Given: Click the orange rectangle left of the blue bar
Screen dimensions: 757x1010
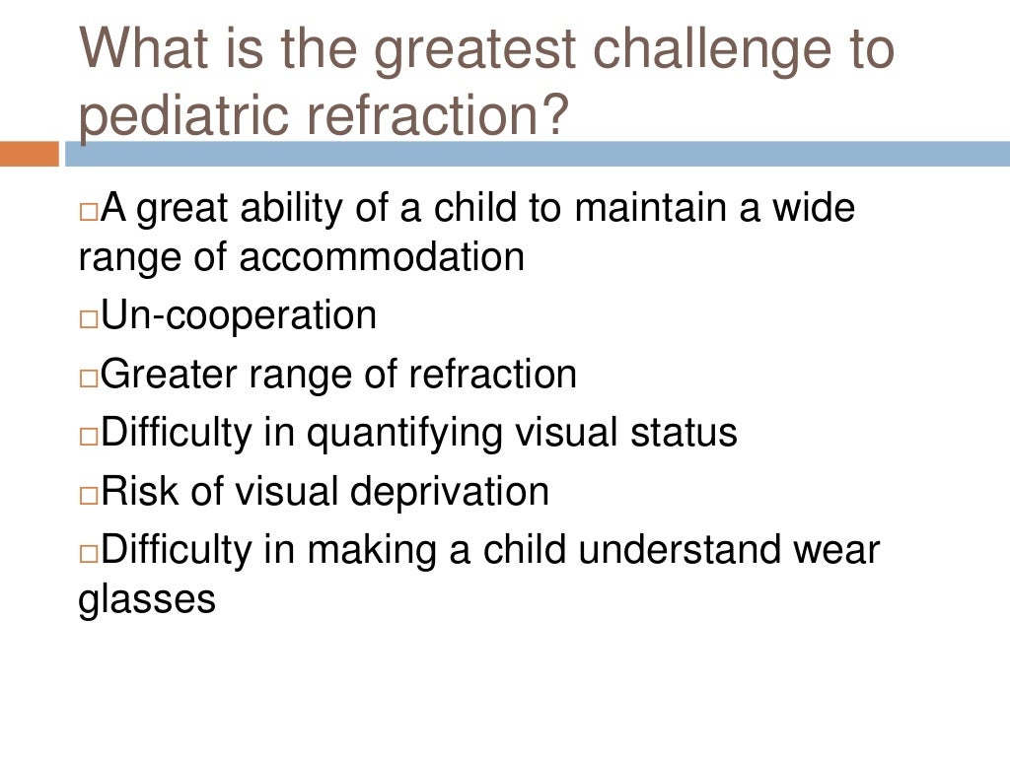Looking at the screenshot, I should point(29,154).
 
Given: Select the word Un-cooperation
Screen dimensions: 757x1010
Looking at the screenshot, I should point(239,315).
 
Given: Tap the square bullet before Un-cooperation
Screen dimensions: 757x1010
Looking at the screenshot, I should point(88,319).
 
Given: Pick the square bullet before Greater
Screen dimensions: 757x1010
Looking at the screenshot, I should point(88,378).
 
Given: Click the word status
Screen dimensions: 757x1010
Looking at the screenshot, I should point(686,433).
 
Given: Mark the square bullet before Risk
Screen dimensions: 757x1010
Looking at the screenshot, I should point(88,496).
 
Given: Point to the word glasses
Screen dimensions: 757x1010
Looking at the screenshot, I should point(147,599).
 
